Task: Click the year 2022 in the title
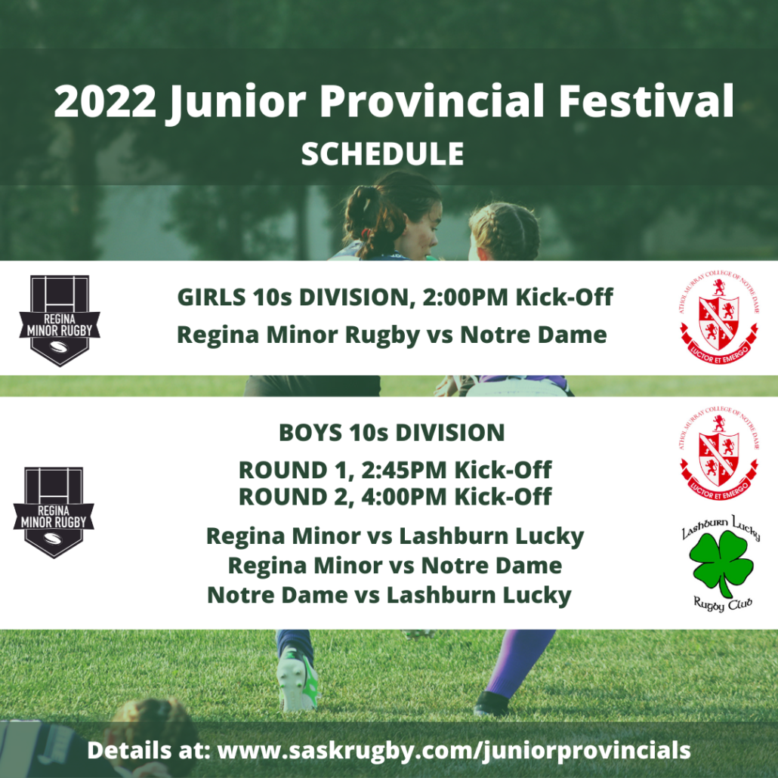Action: pos(105,100)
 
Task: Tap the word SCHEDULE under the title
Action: pos(382,154)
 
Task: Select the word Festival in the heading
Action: pos(646,100)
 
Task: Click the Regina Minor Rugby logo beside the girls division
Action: pos(60,320)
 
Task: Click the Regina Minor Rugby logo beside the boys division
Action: pos(54,512)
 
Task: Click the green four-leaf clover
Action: pos(721,562)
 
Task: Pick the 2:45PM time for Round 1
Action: pos(404,470)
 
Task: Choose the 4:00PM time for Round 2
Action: pos(404,497)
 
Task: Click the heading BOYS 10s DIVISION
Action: pos(392,433)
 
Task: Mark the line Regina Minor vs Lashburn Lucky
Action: pos(395,536)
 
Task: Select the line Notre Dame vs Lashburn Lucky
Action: pos(390,595)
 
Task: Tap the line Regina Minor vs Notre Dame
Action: pos(395,566)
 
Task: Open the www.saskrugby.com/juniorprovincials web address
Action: pos(454,751)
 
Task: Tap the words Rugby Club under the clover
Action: pos(723,604)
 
